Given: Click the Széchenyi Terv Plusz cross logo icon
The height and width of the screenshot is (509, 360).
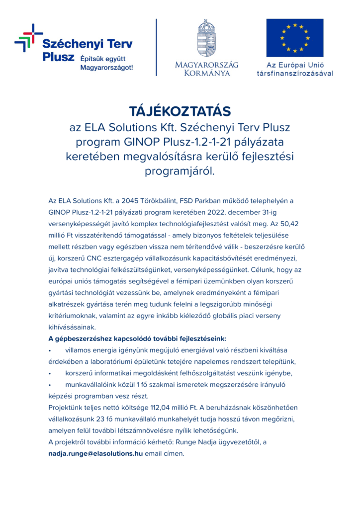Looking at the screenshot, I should point(28,37).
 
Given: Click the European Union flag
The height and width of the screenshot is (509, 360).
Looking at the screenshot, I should point(294,38).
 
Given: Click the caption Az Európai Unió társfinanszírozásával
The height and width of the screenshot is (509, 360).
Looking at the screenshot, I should point(295,69).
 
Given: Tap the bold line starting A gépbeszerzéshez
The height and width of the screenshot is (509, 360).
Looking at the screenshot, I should point(137,339).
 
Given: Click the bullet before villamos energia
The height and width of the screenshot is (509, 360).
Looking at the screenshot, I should point(50,350).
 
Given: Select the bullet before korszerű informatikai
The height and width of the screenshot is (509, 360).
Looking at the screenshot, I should point(50,373).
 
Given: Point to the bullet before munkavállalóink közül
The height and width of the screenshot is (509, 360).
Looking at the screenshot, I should point(50,385).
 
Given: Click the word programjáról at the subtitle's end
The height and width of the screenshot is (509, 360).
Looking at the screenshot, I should point(180,171).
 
